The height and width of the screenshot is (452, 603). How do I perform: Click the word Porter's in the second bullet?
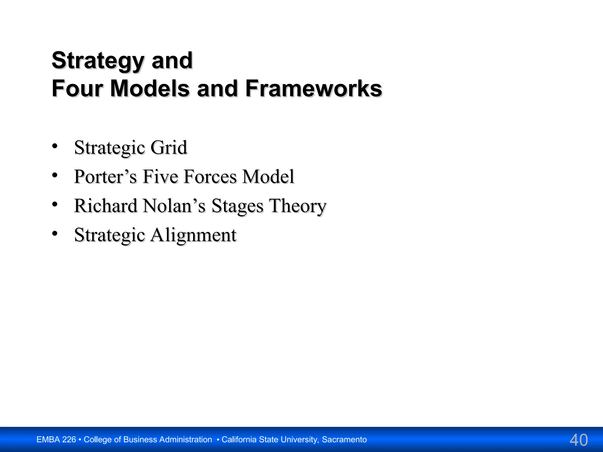click(105, 177)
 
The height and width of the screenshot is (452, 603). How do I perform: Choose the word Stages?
click(237, 206)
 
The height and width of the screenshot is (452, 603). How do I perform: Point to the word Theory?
click(298, 206)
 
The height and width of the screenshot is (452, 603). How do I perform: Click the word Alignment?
click(193, 235)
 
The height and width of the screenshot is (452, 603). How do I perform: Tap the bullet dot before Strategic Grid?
click(55, 146)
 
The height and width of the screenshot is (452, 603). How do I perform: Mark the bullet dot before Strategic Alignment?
click(55, 233)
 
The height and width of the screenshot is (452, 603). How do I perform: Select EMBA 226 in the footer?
click(56, 440)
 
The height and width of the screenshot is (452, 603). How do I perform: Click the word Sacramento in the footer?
click(344, 440)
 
